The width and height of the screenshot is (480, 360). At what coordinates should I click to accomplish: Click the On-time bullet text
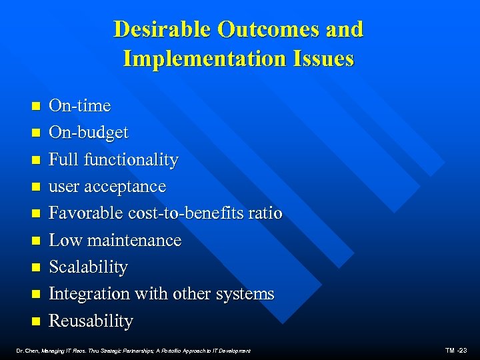[80, 106]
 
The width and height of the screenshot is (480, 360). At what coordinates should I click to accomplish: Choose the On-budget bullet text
[89, 133]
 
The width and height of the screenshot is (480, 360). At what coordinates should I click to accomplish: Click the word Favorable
[82, 213]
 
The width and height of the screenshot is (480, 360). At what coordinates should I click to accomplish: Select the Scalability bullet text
[89, 267]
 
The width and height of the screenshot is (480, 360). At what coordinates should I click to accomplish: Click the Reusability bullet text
[91, 321]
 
